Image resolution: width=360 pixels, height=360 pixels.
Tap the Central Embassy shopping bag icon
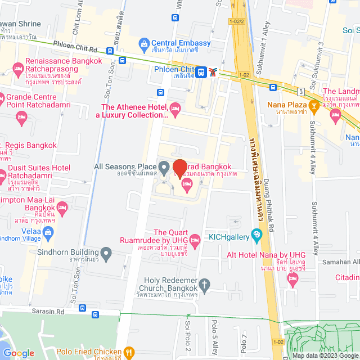(x=144, y=43)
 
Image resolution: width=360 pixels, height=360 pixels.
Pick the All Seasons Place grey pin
(x=164, y=167)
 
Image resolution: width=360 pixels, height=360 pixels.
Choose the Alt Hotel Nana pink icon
(x=292, y=278)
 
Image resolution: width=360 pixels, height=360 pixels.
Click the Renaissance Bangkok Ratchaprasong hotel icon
(x=17, y=67)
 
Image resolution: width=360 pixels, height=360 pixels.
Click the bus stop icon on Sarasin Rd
(x=83, y=308)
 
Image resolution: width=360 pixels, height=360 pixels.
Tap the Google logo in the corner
(x=19, y=353)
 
